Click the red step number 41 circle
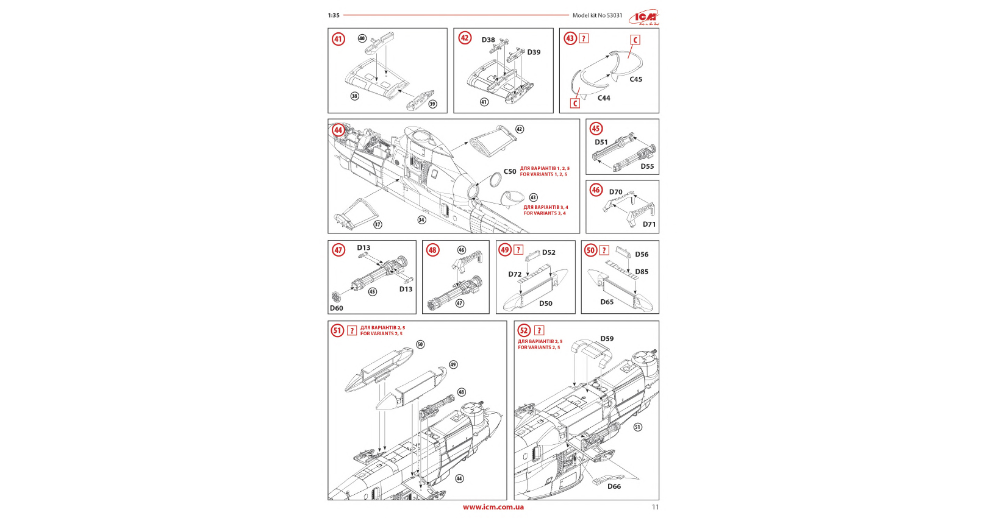338,40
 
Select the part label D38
488,40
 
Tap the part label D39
534,52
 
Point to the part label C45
635,79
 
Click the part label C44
603,98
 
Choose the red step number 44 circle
338,130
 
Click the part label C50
510,172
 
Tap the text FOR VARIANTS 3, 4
545,213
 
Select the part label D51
601,143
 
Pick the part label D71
649,224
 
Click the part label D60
337,308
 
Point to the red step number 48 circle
432,250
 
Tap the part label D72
515,274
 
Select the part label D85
642,272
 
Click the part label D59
607,339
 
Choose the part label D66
614,486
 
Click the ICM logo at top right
645,17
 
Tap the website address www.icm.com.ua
493,507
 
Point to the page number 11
655,507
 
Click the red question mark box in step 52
539,331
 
